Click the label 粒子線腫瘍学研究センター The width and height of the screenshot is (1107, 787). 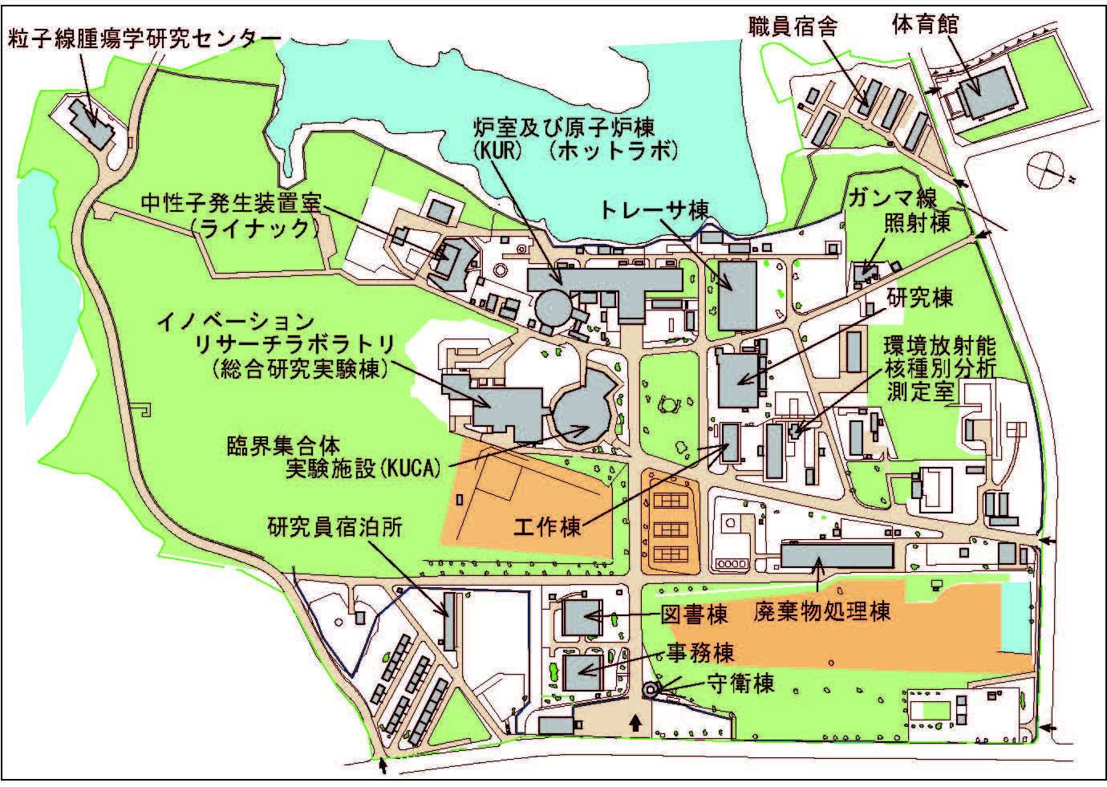click(x=144, y=38)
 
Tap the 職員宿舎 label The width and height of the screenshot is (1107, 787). click(x=793, y=26)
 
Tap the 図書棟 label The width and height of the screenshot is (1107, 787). click(x=695, y=615)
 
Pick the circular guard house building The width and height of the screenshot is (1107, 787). click(x=651, y=689)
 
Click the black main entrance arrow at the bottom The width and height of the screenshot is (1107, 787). click(x=635, y=724)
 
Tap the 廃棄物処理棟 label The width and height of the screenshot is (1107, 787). click(x=822, y=611)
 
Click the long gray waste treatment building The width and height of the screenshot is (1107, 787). click(x=837, y=555)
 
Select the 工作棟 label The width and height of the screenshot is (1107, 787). click(x=548, y=527)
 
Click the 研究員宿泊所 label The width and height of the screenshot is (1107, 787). click(x=335, y=527)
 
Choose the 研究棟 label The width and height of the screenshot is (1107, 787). click(x=919, y=298)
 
